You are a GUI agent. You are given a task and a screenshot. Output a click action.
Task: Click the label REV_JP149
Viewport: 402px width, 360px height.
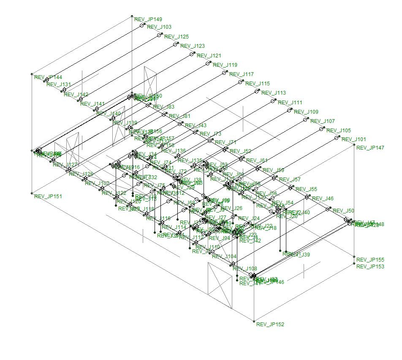tap(148, 19)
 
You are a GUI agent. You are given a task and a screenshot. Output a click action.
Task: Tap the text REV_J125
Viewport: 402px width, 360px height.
tap(177, 37)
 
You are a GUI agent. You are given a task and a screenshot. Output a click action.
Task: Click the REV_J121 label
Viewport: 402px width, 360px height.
tap(209, 56)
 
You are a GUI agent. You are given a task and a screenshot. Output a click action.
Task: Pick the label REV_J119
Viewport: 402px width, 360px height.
tap(225, 65)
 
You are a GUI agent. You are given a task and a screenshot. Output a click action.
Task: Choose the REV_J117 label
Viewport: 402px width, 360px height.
tap(242, 74)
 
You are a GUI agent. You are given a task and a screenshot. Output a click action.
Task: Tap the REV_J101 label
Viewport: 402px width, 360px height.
tap(354, 139)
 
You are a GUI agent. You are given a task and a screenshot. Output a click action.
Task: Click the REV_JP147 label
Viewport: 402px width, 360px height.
tap(370, 148)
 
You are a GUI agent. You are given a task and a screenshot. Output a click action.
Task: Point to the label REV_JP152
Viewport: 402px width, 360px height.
tap(270, 325)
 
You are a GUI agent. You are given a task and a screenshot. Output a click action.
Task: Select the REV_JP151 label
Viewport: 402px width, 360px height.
tap(48, 196)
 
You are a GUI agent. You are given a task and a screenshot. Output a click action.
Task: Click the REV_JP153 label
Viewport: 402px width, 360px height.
tap(370, 267)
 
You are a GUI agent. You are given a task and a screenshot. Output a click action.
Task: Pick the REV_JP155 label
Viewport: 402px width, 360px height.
tap(370, 260)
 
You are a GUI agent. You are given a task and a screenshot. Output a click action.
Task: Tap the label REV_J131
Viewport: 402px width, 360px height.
tap(59, 85)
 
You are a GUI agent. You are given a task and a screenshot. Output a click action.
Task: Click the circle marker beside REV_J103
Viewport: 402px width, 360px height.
tap(142, 25)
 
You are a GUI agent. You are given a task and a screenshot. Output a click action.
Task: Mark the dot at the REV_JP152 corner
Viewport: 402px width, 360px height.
tap(254, 322)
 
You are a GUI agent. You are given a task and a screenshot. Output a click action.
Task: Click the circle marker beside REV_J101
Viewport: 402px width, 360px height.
tap(337, 138)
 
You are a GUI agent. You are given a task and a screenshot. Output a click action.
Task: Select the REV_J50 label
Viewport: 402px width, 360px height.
tap(344, 211)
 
